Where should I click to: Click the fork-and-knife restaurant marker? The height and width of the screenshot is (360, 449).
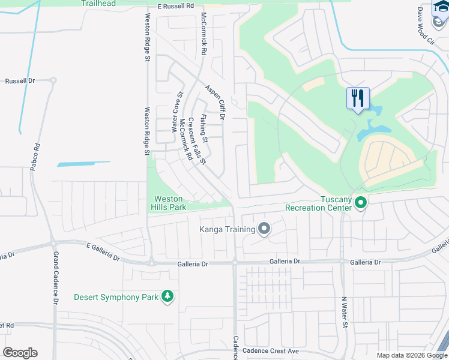point(358,98)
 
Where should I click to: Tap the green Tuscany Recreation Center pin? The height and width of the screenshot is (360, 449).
point(361,203)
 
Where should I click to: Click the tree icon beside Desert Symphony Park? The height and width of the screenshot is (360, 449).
point(168,296)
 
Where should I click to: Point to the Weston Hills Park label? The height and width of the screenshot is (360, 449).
point(170,203)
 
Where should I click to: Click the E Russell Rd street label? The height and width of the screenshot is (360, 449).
point(176,6)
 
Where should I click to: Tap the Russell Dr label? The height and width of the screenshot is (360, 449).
point(20,80)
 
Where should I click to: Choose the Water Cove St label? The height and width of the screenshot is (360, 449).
point(179,106)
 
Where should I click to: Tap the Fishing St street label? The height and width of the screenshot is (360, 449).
point(203,128)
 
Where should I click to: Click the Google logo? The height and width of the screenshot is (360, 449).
point(20,353)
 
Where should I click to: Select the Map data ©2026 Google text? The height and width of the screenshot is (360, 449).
point(412,355)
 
